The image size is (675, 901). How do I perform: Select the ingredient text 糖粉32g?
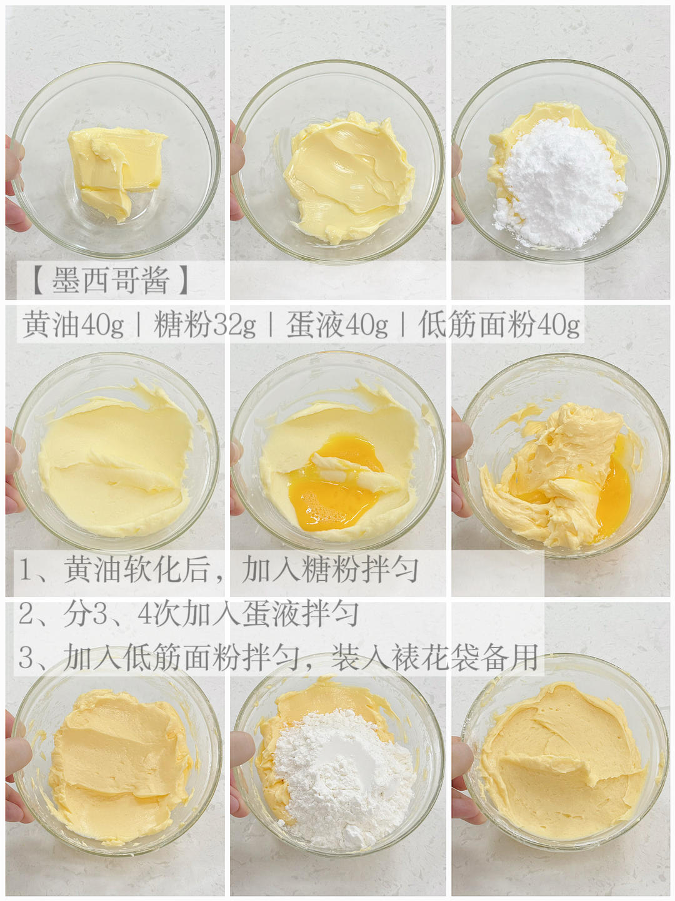point(205,325)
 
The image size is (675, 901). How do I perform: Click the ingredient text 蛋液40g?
point(337,325)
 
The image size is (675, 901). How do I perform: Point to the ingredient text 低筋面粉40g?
point(499,325)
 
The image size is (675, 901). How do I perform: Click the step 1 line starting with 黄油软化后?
point(219,570)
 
